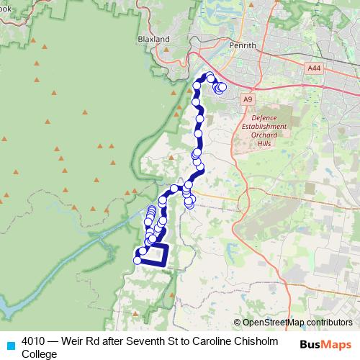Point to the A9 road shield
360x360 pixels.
click(x=248, y=99)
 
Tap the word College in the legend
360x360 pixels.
click(x=40, y=354)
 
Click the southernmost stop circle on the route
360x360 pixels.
click(x=138, y=261)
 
